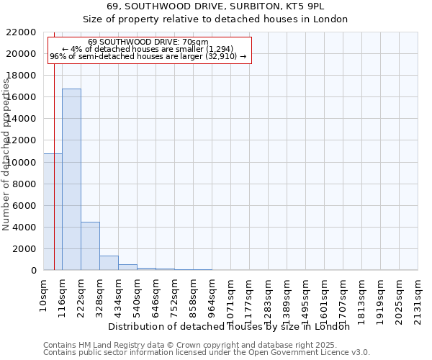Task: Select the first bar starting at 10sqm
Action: (x=53, y=212)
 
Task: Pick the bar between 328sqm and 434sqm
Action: (x=109, y=263)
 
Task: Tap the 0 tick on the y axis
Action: (x=34, y=271)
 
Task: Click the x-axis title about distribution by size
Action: (x=233, y=326)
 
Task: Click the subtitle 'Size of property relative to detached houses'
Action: (x=216, y=19)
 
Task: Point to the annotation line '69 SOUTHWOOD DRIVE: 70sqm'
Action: (x=148, y=42)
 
